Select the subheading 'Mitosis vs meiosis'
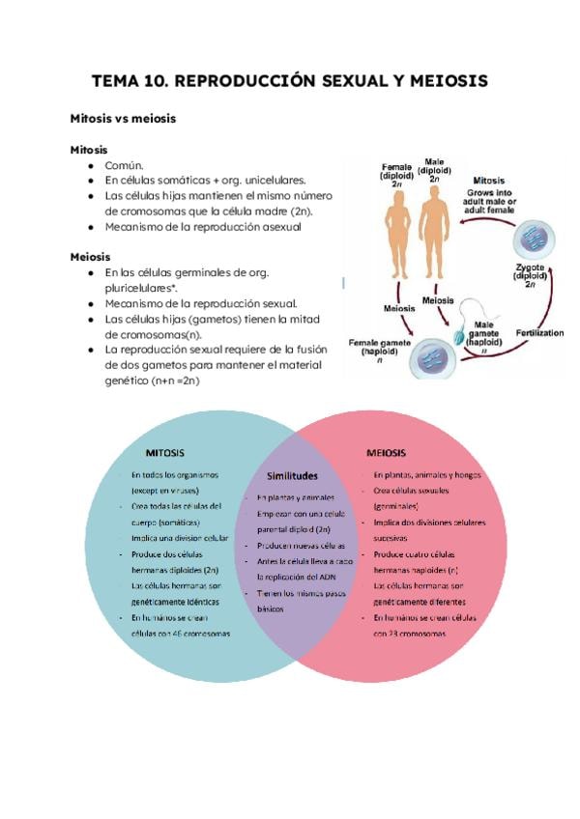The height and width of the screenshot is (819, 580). [x=122, y=119]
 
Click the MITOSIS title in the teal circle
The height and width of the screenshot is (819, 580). [x=165, y=452]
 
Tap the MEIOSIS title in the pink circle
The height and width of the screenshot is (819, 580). [x=387, y=452]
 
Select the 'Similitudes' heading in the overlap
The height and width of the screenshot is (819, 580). [x=291, y=475]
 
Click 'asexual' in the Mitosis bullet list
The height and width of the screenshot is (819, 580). [x=278, y=227]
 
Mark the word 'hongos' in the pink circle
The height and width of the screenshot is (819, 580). [x=464, y=475]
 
